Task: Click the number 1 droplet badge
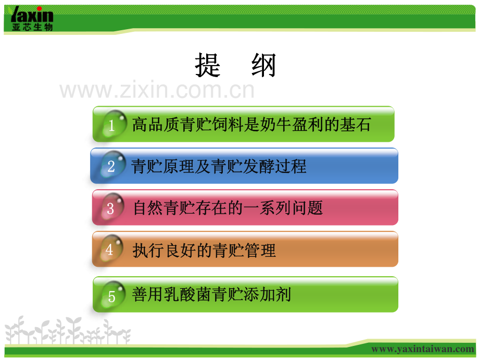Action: click(x=112, y=124)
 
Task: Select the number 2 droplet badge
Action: click(x=111, y=166)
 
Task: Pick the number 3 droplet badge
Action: click(x=111, y=208)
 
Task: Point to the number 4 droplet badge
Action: click(x=110, y=250)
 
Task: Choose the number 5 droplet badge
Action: click(x=112, y=295)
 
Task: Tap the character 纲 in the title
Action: click(x=263, y=66)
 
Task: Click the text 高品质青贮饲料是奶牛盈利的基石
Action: click(x=251, y=125)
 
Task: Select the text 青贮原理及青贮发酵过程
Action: click(x=219, y=166)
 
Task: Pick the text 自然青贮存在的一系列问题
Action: click(x=228, y=208)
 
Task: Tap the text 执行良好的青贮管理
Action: click(x=204, y=251)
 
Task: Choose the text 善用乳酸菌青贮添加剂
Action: click(x=211, y=295)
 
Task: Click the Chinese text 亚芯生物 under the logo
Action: click(x=32, y=27)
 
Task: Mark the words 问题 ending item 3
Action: click(x=307, y=208)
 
